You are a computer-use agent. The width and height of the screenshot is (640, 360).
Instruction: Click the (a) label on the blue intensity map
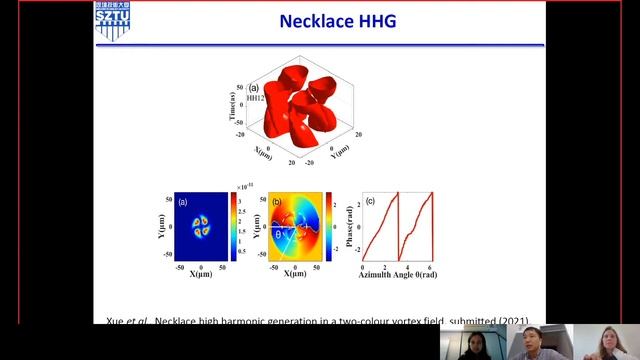[x=184, y=202]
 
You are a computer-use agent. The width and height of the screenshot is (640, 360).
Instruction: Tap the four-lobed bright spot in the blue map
[x=203, y=227]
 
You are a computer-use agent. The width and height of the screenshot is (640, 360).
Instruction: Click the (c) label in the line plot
[x=370, y=202]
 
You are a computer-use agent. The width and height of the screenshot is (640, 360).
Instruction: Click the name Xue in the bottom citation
[x=116, y=322]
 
